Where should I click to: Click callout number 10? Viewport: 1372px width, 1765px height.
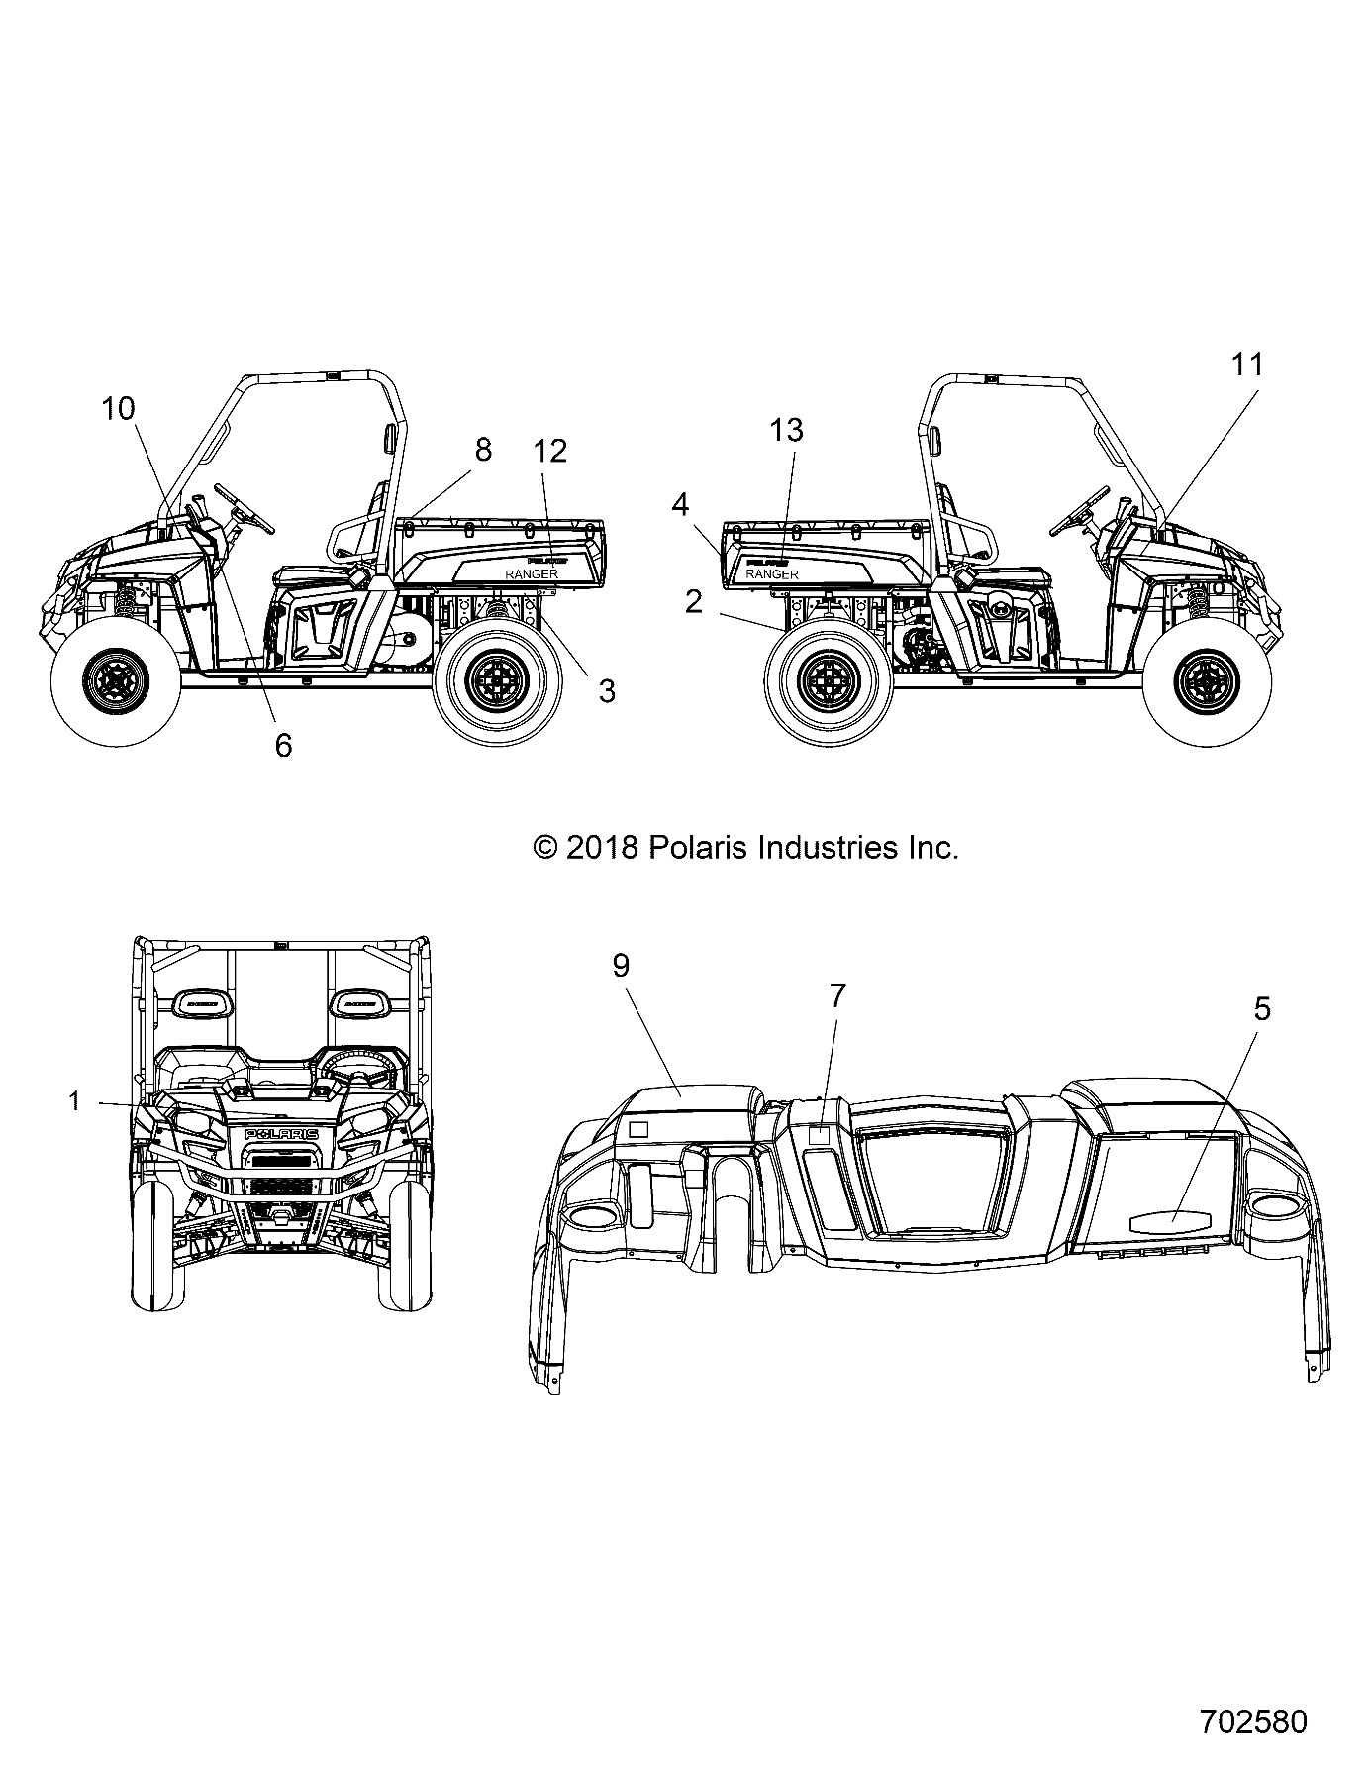(118, 408)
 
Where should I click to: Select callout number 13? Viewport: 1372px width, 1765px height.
(786, 430)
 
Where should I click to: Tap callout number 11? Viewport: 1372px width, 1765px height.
(1247, 364)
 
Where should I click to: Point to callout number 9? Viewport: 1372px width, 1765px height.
(621, 966)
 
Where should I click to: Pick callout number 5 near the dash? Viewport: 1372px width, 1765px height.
(1261, 1009)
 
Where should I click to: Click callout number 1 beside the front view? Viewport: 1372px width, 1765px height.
(74, 1100)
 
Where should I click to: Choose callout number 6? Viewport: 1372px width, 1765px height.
(283, 745)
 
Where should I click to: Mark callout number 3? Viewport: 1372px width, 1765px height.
(606, 691)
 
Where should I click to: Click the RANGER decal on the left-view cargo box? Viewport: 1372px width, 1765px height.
(532, 574)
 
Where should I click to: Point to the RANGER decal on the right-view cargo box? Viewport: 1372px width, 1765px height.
(771, 574)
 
